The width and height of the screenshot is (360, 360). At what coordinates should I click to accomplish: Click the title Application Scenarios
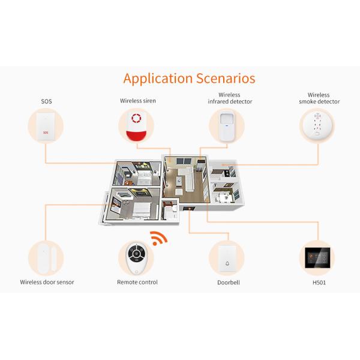click(x=189, y=79)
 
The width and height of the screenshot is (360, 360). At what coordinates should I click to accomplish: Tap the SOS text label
click(x=46, y=101)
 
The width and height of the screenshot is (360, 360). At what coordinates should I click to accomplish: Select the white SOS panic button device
click(x=46, y=127)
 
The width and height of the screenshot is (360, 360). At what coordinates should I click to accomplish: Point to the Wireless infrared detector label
click(x=229, y=98)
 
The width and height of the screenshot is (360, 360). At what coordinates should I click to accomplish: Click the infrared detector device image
click(x=226, y=127)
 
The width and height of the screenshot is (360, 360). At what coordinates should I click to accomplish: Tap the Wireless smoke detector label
click(x=319, y=98)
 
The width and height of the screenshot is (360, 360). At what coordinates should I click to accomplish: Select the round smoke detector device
click(x=317, y=127)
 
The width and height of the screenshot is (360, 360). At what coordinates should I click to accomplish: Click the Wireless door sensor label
click(x=47, y=282)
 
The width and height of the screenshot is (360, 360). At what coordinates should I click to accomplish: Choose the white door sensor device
click(x=45, y=256)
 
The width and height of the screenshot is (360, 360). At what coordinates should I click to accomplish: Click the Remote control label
click(x=137, y=282)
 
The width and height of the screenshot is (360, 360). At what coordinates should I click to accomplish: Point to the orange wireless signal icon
click(x=158, y=238)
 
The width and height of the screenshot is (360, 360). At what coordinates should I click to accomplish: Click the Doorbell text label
click(x=228, y=282)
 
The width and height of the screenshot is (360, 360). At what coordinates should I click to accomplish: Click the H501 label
click(x=319, y=282)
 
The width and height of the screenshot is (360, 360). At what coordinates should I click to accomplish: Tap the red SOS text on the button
click(x=46, y=131)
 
